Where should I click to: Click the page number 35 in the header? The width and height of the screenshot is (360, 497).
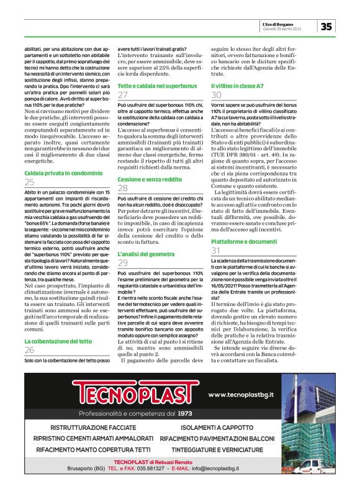[x=326, y=26]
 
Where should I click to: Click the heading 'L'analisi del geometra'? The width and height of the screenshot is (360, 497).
[x=145, y=254]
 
